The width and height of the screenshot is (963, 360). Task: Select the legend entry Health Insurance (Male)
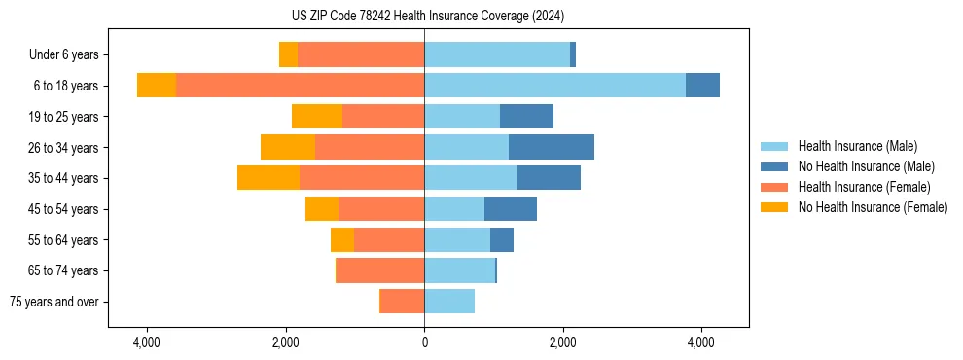click(x=857, y=146)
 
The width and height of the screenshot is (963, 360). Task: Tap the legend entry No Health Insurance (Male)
click(x=866, y=166)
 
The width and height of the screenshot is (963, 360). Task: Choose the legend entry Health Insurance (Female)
click(x=864, y=187)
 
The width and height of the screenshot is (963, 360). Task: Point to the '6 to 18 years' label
click(x=65, y=86)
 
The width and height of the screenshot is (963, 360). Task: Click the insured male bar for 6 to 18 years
click(x=554, y=86)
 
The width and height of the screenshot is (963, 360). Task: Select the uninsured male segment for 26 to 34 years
click(x=551, y=147)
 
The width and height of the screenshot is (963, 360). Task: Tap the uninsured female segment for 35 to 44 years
click(x=268, y=178)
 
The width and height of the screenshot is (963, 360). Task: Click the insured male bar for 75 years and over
click(x=449, y=302)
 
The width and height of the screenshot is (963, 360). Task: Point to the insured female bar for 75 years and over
click(x=402, y=302)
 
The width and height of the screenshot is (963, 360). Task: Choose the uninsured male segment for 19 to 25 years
click(x=526, y=117)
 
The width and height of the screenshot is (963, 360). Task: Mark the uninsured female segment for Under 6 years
click(x=288, y=55)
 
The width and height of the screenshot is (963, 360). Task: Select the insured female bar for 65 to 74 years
click(x=380, y=270)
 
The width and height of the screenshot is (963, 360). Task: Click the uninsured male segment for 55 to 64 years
click(x=502, y=239)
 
